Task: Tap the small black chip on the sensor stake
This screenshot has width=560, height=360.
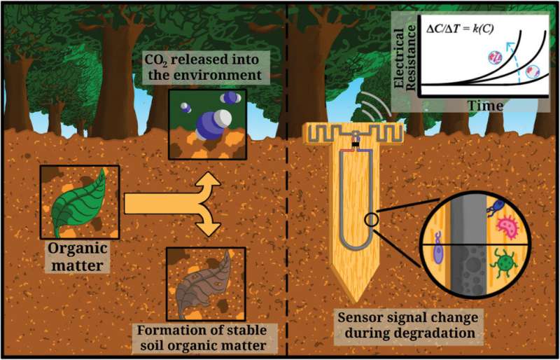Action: [x=355, y=144]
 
